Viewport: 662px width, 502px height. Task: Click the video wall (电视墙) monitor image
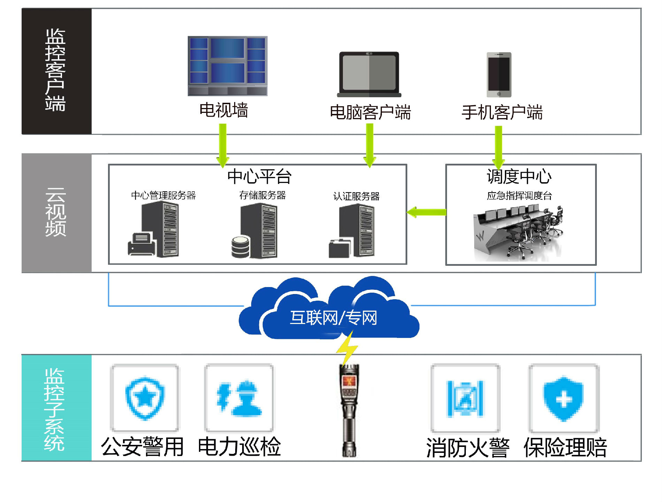coord(227,65)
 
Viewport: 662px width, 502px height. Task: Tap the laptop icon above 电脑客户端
coord(369,74)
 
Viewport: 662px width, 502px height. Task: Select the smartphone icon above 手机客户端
coord(499,75)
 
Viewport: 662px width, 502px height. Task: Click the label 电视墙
coord(224,110)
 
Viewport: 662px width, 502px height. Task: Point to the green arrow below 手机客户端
coord(499,146)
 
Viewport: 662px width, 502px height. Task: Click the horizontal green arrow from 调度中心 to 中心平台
coord(427,212)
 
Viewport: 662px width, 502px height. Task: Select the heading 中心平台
coord(259,176)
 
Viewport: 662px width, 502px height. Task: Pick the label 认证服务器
coord(356,196)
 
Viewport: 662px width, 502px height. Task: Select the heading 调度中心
coord(519,176)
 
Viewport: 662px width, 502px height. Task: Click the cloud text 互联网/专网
coord(333,318)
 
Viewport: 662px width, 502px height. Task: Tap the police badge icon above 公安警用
coord(145,398)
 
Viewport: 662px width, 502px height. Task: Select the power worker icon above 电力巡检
coord(239,398)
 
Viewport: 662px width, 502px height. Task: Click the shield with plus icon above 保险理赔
coord(563,399)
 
